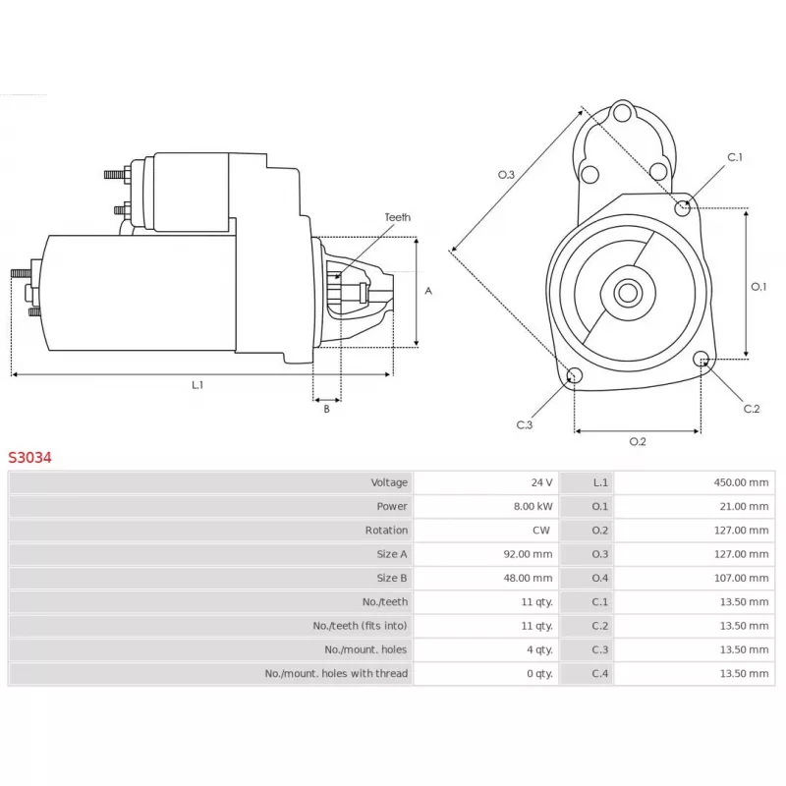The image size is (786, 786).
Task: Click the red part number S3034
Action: (30, 457)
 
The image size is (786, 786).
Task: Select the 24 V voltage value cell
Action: (541, 482)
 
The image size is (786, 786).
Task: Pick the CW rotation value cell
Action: (541, 531)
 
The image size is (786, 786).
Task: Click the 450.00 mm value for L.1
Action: (741, 482)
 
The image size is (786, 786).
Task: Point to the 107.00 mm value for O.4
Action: (741, 578)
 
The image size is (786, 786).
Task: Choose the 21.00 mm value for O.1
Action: (744, 507)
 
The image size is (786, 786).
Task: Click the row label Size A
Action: (392, 554)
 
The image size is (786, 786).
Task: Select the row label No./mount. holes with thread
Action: (336, 674)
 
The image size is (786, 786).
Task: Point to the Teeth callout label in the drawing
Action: (398, 217)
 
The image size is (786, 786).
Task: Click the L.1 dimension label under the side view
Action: (197, 385)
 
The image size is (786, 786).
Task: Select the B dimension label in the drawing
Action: (326, 409)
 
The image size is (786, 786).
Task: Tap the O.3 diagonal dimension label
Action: (506, 174)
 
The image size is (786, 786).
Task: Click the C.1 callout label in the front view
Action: (735, 157)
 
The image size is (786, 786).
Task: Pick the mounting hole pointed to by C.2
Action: (702, 360)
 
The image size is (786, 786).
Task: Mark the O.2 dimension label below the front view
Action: (638, 442)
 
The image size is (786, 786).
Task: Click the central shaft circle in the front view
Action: (627, 292)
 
